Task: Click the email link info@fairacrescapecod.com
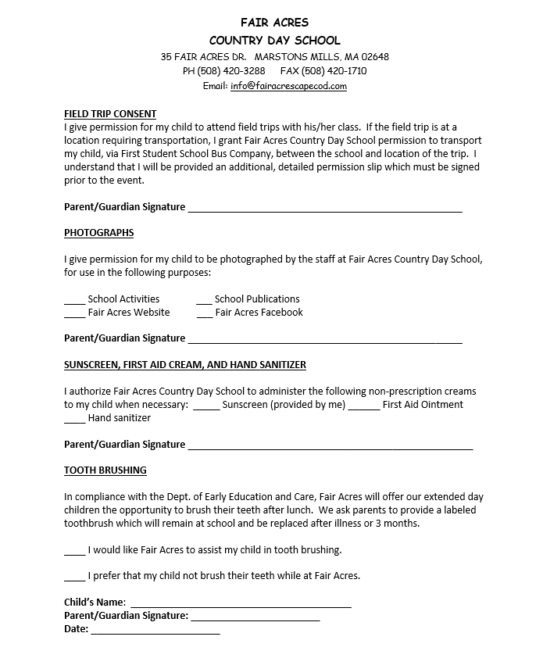[x=288, y=86]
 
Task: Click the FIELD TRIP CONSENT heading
[x=110, y=114]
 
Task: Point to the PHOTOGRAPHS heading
[x=99, y=233]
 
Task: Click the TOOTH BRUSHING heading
[x=105, y=470]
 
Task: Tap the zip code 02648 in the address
[x=375, y=57]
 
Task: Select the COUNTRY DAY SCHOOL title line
[x=274, y=41]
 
